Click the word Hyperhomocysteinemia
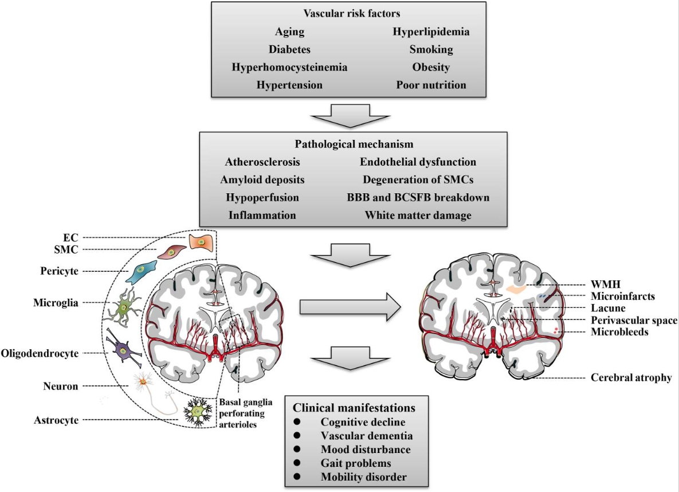pos(289,67)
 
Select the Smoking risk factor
pos(431,49)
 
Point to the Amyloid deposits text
pos(262,179)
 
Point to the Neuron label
pos(60,386)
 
